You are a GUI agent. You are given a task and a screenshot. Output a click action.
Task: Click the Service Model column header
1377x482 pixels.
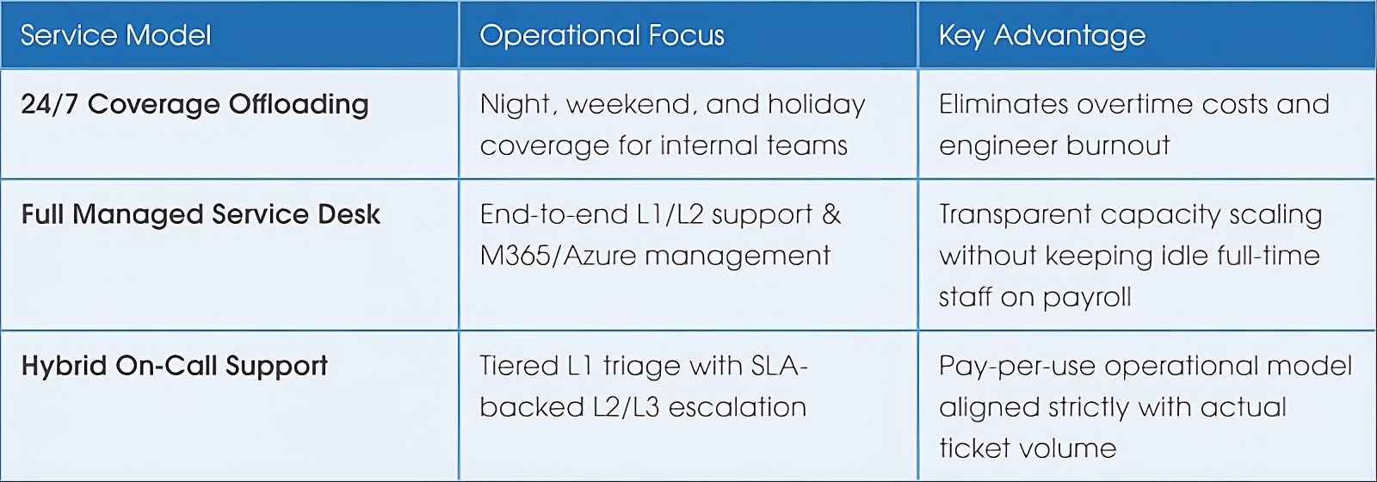(x=115, y=35)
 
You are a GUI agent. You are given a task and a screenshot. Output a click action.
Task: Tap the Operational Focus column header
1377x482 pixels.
(x=602, y=35)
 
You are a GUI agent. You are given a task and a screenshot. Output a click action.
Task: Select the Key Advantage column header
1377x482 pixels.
(x=1042, y=35)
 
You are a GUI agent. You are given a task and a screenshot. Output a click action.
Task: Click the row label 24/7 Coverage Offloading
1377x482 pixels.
(x=195, y=104)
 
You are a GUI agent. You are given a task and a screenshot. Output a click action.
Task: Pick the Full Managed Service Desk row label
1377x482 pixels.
(x=201, y=214)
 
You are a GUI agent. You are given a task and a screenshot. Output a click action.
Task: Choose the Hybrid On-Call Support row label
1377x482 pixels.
(x=174, y=366)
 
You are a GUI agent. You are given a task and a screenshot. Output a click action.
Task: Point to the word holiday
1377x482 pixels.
(x=817, y=104)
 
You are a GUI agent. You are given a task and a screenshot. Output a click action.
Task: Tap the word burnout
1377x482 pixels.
(x=1118, y=145)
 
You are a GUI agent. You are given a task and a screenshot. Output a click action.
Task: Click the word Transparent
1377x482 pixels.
(x=1015, y=215)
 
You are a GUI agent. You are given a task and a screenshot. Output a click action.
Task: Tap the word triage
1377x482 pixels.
(x=641, y=367)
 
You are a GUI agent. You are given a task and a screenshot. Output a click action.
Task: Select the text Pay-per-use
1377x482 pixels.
(x=1017, y=367)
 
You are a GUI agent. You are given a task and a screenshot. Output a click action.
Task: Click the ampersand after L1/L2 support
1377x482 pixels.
(x=831, y=214)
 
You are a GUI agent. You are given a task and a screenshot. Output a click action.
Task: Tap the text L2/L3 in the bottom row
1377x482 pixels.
(x=626, y=407)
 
